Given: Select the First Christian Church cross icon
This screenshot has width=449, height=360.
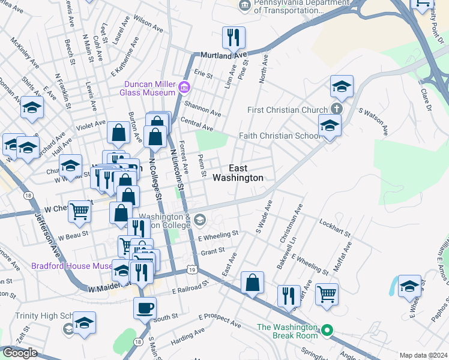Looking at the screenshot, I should point(337,109).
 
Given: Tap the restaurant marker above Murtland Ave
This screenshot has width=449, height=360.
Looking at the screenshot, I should point(232,38).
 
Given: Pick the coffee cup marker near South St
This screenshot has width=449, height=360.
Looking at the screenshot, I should point(145,308).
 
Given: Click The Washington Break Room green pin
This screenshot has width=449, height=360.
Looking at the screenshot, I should point(327,330).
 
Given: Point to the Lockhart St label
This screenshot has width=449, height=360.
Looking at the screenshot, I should point(334,230).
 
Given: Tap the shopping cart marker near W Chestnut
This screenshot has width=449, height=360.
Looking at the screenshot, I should point(79,211).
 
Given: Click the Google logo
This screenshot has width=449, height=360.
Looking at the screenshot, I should point(20,352).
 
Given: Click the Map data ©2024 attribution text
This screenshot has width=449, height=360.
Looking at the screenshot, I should point(423,355).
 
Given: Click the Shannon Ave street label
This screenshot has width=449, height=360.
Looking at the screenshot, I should point(203,109).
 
